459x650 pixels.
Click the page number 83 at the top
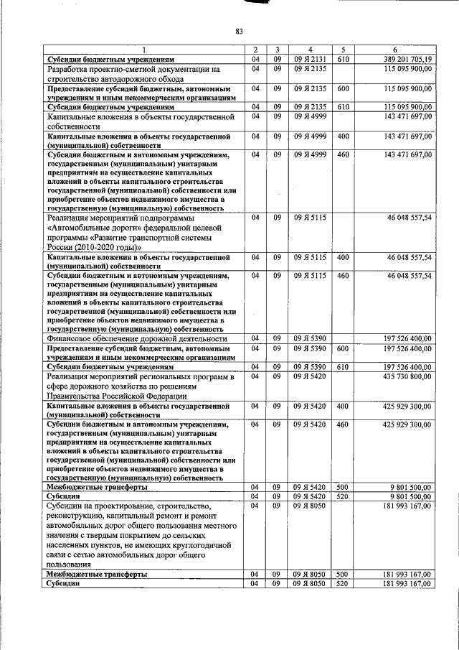point(240,30)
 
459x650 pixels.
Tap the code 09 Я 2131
point(309,58)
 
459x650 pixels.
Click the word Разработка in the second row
point(70,68)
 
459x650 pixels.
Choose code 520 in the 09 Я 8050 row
point(343,583)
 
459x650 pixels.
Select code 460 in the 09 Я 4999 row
point(343,154)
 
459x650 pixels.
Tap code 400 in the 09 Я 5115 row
point(343,256)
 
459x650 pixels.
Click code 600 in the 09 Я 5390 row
point(343,348)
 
